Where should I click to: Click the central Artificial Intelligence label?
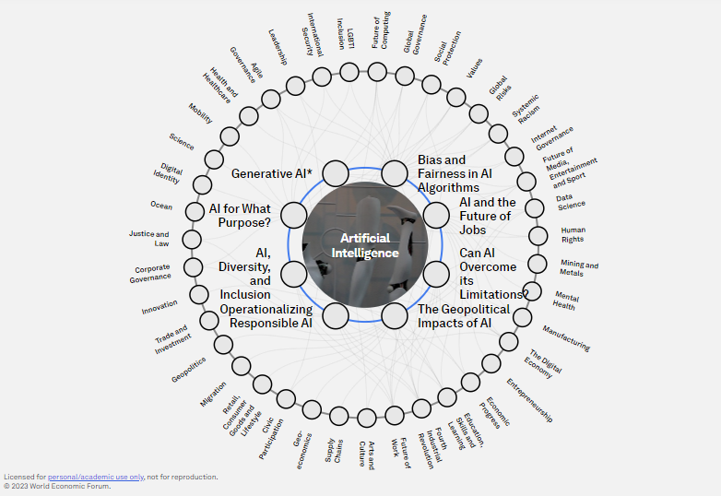[363, 245]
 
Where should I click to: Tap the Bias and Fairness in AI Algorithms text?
[455, 173]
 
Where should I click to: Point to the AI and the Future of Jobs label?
[488, 216]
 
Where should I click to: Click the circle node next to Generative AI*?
[336, 172]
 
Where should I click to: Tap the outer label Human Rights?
[573, 234]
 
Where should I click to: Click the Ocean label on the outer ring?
[161, 206]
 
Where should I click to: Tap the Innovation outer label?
[160, 308]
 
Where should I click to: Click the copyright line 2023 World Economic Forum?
[57, 486]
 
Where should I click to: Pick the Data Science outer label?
[571, 201]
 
